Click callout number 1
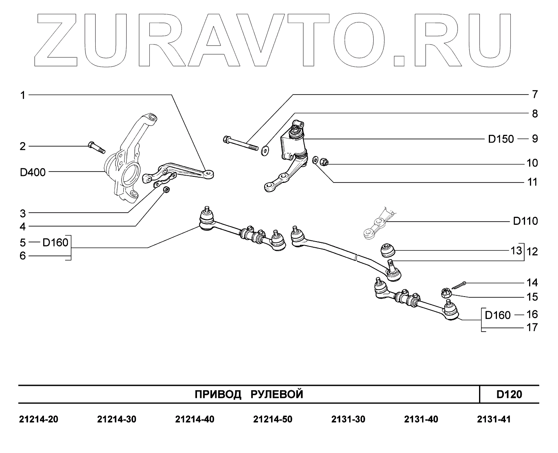pyautogui.click(x=23, y=95)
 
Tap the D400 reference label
pyautogui.click(x=33, y=172)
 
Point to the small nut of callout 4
pyautogui.click(x=166, y=190)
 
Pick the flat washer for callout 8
pyautogui.click(x=265, y=151)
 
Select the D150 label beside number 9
pyautogui.click(x=501, y=139)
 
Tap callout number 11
pyautogui.click(x=532, y=182)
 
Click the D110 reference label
pyautogui.click(x=525, y=222)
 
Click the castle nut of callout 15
pyautogui.click(x=446, y=292)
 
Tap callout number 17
pyautogui.click(x=532, y=328)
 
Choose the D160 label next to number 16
pyautogui.click(x=498, y=315)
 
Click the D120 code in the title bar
pyautogui.click(x=509, y=394)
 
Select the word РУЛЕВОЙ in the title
pyautogui.click(x=277, y=394)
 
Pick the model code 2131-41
pyautogui.click(x=494, y=419)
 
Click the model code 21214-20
pyautogui.click(x=39, y=419)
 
